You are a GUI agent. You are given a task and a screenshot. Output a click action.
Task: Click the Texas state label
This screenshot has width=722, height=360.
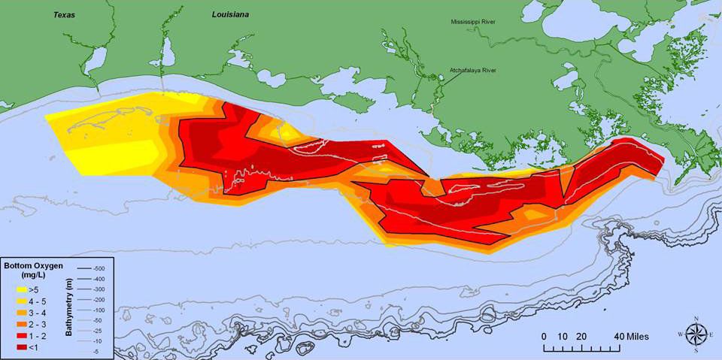pyautogui.click(x=65, y=14)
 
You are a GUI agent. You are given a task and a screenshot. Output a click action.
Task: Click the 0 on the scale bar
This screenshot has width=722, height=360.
pyautogui.click(x=544, y=336)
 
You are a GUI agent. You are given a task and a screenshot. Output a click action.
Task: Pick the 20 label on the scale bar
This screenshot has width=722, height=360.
pyautogui.click(x=580, y=336)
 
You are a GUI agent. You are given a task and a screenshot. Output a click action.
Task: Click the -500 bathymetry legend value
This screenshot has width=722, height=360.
pyautogui.click(x=99, y=268)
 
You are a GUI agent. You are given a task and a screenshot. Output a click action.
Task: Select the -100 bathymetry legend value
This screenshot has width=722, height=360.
pyautogui.click(x=99, y=310)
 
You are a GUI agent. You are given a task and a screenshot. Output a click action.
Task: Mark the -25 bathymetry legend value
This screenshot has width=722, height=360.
pyautogui.click(x=99, y=330)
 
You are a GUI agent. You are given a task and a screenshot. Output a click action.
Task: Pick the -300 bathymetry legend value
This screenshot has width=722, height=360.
pyautogui.click(x=99, y=289)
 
